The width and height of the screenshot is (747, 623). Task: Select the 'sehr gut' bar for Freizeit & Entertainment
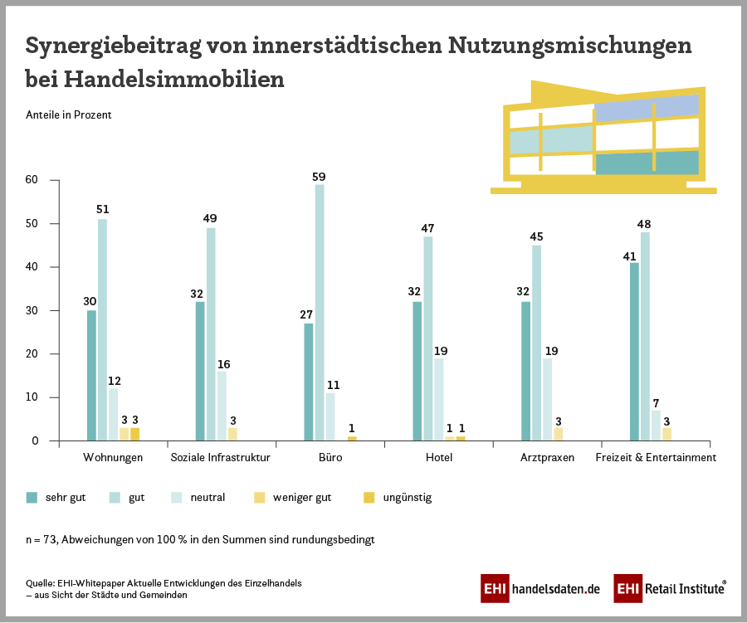point(634,352)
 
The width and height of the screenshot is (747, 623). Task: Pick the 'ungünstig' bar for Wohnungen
point(134,434)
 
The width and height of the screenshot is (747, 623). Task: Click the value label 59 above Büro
point(320,177)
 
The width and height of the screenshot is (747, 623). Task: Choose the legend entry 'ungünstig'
point(407,498)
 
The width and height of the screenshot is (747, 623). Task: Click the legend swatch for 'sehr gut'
point(32,498)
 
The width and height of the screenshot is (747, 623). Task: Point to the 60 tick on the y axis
point(32,180)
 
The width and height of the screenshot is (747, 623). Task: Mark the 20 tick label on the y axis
point(32,354)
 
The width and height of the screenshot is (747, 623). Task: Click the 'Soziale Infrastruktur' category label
point(222,457)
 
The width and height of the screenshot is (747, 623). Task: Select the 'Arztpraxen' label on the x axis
point(547,457)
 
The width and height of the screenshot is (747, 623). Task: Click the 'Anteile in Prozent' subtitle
point(69,115)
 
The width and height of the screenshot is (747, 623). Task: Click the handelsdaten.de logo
point(540,588)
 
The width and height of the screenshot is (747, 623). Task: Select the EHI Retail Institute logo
point(671,588)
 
